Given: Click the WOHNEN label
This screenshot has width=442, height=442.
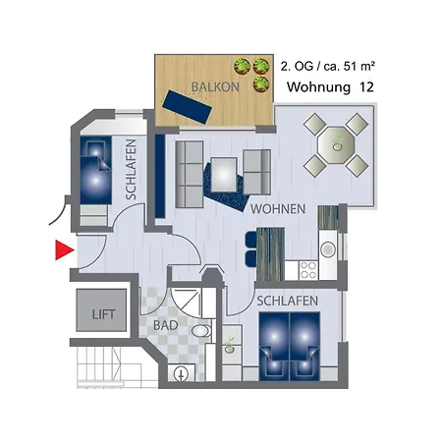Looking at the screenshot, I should point(278,210).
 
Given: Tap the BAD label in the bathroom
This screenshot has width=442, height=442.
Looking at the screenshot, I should point(166,324).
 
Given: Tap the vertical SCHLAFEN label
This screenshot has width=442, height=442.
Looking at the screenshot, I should point(131,168).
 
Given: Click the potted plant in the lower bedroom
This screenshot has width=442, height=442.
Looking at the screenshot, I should point(230,344).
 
